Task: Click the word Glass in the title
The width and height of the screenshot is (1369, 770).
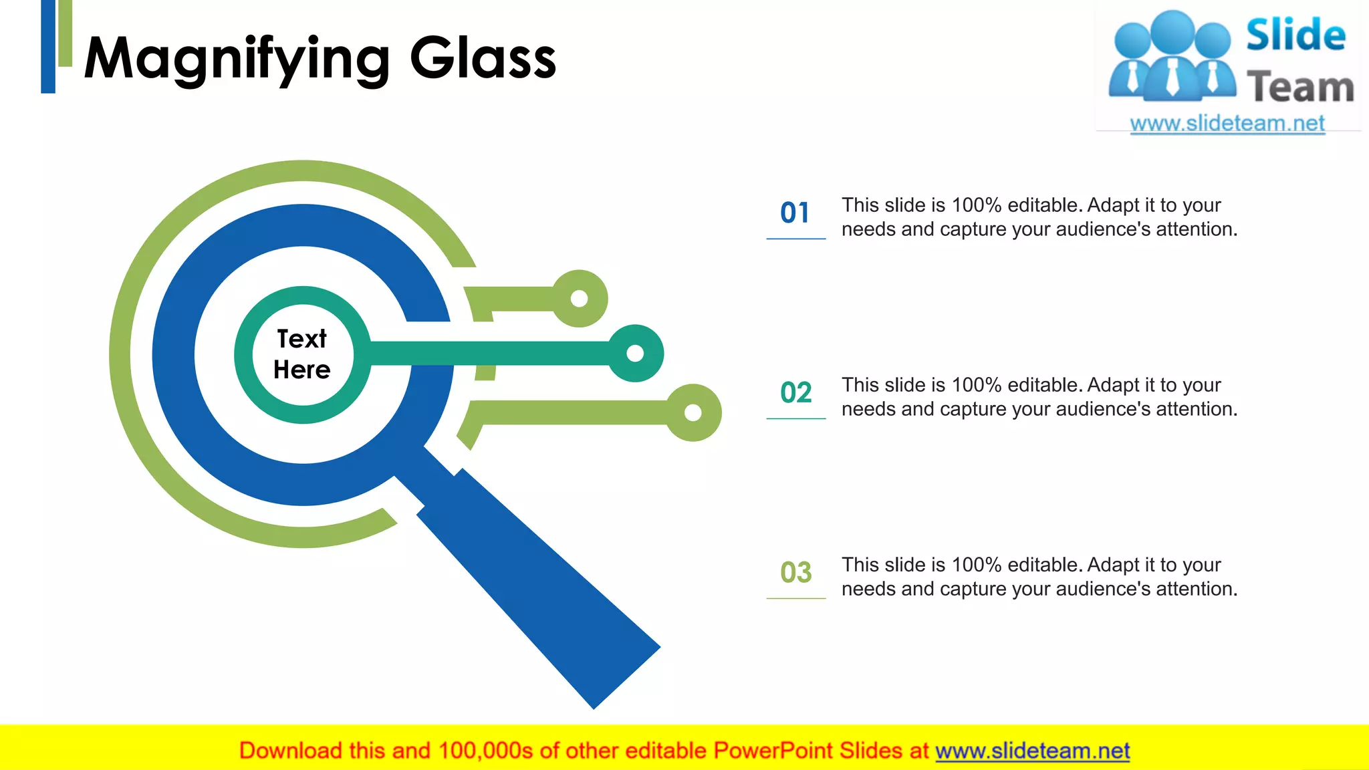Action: (x=482, y=59)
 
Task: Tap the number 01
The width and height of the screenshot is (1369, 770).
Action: (x=795, y=213)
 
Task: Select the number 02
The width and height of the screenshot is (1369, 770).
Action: (x=795, y=393)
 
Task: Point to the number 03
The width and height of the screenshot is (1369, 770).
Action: (x=795, y=573)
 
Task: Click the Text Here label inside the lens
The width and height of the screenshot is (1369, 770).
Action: (x=302, y=354)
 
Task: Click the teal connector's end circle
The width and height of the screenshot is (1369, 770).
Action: (x=635, y=353)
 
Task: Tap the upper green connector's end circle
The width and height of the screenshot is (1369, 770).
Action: (x=580, y=299)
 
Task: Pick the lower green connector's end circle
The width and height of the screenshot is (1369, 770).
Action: (x=693, y=412)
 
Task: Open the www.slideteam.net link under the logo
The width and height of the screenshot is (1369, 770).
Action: (x=1227, y=124)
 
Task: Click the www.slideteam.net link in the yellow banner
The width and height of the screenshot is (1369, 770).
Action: (x=1032, y=751)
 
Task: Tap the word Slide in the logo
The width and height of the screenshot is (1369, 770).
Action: (x=1295, y=35)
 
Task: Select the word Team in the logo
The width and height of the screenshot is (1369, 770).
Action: (x=1300, y=88)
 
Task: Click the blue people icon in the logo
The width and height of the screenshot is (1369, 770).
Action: (x=1172, y=57)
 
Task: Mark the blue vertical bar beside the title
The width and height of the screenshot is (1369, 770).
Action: (x=48, y=46)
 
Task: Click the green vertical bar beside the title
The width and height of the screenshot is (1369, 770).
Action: (x=65, y=33)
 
